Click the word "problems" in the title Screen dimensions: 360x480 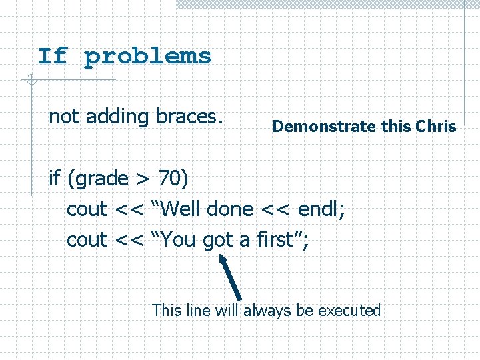coord(147,57)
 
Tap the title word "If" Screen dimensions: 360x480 coord(53,56)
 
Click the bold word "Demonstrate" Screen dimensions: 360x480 coord(325,126)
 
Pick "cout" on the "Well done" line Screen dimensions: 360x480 coord(87,209)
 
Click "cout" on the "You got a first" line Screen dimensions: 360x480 coord(87,240)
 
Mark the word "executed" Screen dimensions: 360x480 coord(349,311)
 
